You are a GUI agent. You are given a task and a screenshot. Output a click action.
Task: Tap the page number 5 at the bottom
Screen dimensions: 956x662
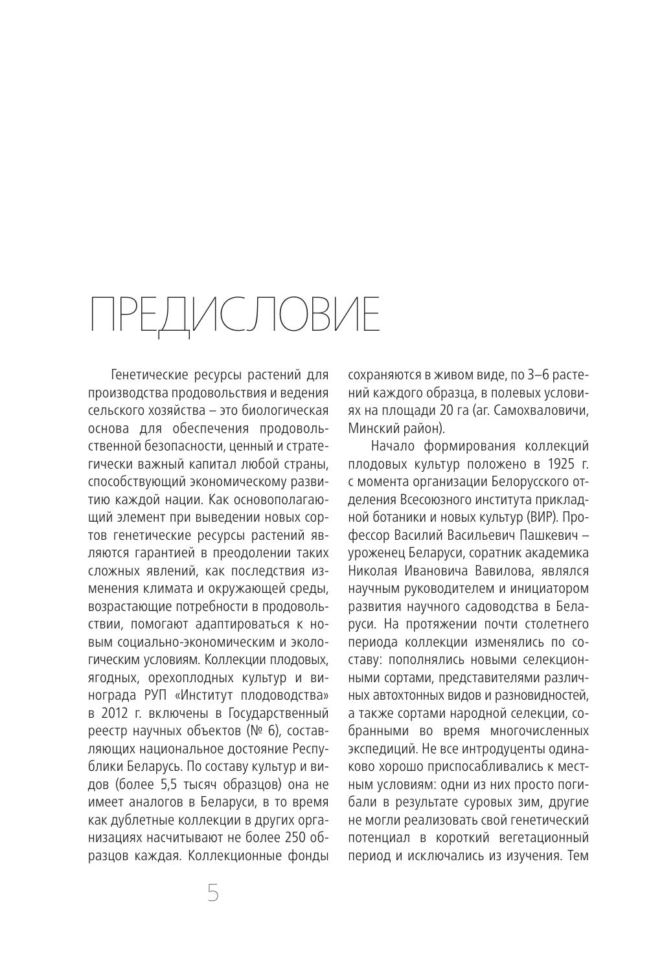[x=213, y=893]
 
